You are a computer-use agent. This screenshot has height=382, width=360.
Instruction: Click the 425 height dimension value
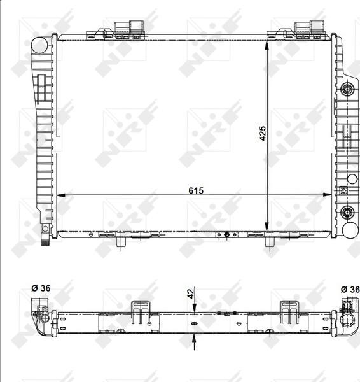pos(263,133)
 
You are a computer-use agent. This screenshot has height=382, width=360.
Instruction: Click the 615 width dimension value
pos(196,190)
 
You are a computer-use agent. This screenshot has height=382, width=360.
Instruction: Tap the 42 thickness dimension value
pos(191,294)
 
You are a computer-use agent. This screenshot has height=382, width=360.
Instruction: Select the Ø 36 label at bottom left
pos(41,288)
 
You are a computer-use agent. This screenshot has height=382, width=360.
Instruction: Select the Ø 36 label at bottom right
pos(350,290)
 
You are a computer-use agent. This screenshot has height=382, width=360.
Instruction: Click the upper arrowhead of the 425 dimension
pos(267,45)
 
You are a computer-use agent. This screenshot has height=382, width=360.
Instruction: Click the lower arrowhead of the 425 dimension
pos(267,227)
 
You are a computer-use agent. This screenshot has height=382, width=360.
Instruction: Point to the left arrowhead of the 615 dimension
pos(61,195)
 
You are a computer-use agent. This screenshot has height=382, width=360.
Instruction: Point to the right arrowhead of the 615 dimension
pos(327,195)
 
